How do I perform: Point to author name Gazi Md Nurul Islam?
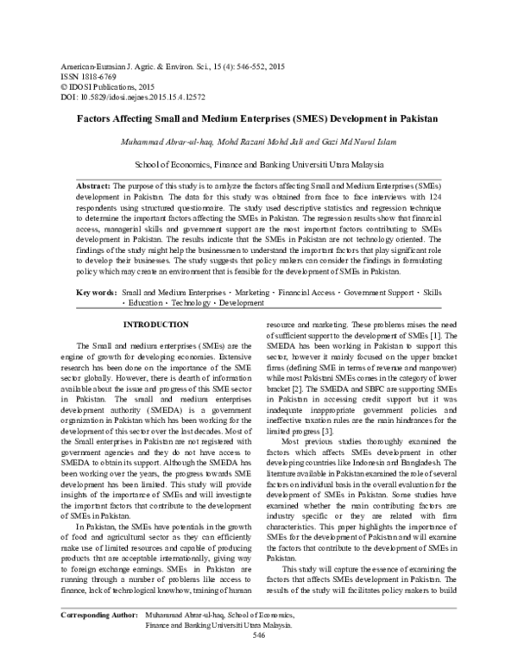357,141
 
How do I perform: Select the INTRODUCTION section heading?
156,325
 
